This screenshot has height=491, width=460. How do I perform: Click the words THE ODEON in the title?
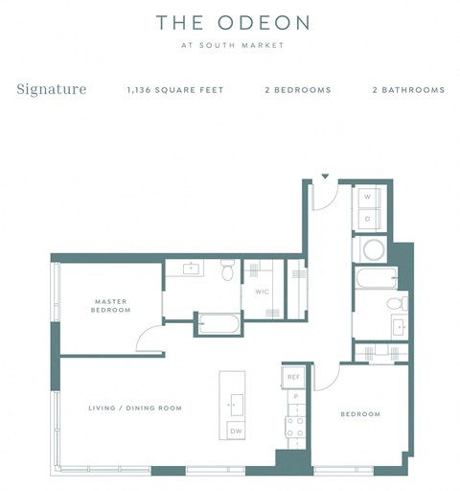[230, 22]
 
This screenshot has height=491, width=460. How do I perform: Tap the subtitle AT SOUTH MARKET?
[230, 45]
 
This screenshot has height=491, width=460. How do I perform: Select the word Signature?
[52, 90]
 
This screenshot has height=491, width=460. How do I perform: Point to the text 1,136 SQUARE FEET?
[175, 90]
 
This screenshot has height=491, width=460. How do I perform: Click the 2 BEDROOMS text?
[298, 90]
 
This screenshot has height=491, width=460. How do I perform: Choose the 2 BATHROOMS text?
[408, 90]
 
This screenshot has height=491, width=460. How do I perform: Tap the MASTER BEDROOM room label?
[110, 306]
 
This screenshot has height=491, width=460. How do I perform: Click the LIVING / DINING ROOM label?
[134, 409]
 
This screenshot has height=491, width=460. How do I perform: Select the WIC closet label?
[261, 292]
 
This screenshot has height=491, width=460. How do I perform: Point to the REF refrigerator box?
[294, 377]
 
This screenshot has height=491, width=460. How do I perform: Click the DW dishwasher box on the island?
[235, 431]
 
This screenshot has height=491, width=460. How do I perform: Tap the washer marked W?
[367, 198]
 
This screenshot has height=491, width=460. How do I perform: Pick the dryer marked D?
[367, 219]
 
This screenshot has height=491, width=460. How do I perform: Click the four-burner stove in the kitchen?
[296, 427]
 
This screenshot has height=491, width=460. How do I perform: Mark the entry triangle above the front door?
[325, 176]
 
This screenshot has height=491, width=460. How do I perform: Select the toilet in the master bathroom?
[227, 272]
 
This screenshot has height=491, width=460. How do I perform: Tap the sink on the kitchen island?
[234, 403]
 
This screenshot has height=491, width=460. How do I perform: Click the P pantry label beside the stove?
[296, 396]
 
